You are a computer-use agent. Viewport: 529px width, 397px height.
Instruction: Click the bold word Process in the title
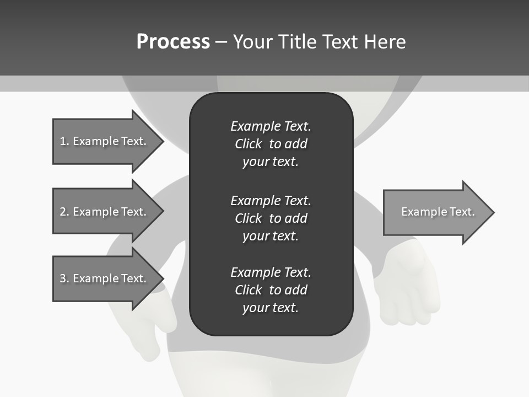173,42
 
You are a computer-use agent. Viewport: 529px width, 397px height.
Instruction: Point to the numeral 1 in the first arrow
63,141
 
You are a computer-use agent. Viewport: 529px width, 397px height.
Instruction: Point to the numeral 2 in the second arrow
63,212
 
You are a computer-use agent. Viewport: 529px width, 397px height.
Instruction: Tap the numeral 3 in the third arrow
63,278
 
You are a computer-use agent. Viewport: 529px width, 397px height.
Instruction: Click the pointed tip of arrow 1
161,141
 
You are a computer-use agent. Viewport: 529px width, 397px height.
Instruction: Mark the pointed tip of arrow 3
161,278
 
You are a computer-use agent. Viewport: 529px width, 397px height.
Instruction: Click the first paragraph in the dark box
271,144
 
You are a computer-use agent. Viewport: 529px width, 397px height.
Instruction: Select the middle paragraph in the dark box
271,218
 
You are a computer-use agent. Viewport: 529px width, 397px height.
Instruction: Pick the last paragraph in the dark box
271,290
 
